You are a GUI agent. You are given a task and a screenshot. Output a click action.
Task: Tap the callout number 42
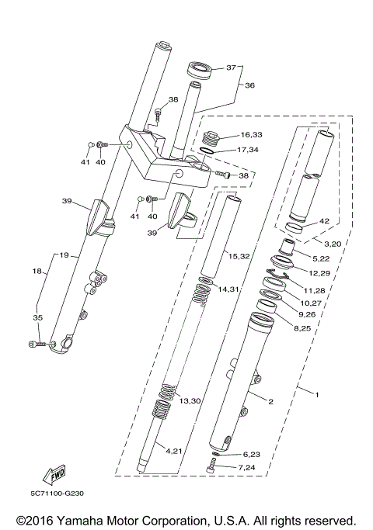click(x=325, y=221)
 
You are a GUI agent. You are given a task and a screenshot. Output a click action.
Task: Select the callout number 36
click(x=250, y=86)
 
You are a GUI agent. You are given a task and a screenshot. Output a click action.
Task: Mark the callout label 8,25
click(x=302, y=329)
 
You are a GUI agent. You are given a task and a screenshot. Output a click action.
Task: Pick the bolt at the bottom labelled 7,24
click(x=212, y=467)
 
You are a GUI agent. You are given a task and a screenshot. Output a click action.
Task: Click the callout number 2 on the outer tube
click(x=270, y=401)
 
